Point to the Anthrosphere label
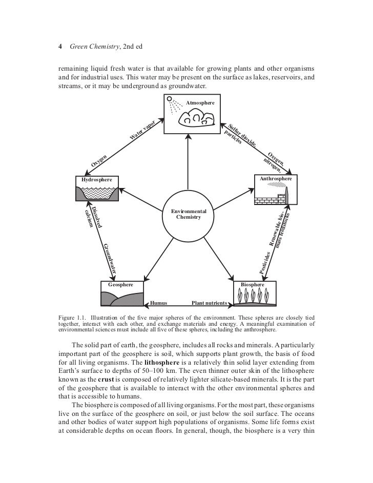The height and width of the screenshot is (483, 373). tap(276, 179)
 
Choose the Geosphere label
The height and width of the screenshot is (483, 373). tap(121, 284)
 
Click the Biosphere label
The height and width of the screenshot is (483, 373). tap(256, 284)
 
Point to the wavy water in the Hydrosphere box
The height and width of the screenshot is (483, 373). tap(97, 193)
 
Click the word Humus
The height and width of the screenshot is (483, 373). tap(159, 303)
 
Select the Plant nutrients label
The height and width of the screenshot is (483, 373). tap(209, 303)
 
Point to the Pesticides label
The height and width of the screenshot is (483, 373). tap(267, 262)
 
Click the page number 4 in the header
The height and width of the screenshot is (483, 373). tap(61, 47)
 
